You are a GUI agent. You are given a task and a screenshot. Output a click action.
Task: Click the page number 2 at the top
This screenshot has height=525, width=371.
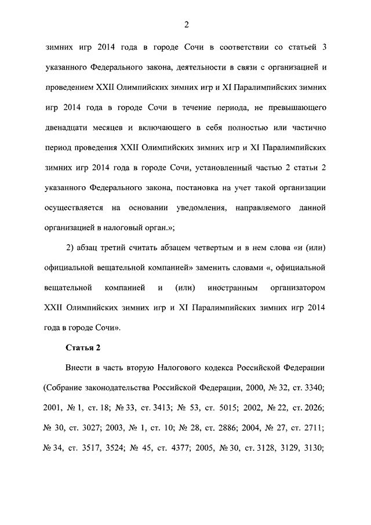pyautogui.click(x=186, y=24)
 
